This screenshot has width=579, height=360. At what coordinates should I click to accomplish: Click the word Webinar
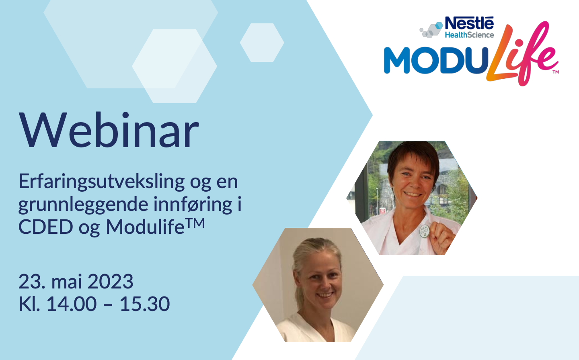109,130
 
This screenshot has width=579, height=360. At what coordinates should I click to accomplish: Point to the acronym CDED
46,227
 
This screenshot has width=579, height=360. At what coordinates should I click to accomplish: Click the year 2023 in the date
110,281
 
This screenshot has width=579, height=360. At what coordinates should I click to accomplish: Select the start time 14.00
72,304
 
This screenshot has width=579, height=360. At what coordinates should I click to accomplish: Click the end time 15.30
145,304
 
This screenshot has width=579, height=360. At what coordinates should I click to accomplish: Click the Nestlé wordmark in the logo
469,23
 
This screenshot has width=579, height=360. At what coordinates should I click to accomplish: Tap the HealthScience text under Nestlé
469,35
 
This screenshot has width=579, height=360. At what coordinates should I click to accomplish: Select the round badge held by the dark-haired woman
425,231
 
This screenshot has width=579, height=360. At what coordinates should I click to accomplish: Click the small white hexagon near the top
262,43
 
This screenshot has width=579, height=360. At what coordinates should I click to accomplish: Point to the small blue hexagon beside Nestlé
439,26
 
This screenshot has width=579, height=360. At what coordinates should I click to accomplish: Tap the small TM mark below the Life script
556,72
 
